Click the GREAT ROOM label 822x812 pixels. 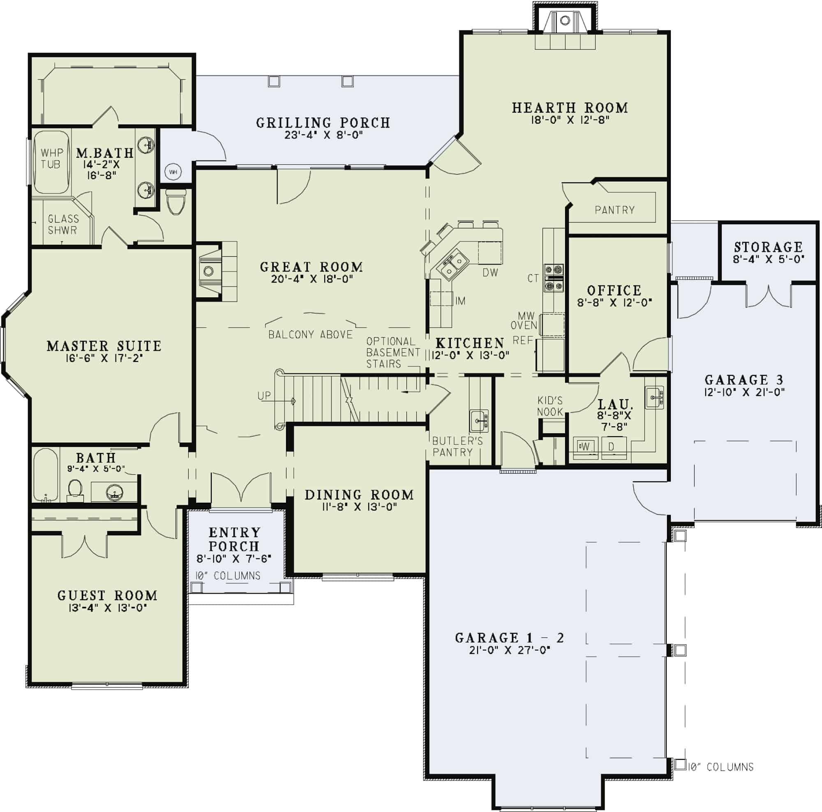pyautogui.click(x=312, y=267)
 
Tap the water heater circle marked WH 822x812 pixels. pyautogui.click(x=173, y=172)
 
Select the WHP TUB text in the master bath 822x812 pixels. pyautogui.click(x=51, y=158)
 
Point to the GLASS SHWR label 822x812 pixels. pyautogui.click(x=63, y=225)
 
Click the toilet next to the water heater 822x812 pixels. pyautogui.click(x=176, y=203)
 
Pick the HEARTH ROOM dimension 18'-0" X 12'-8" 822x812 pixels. pyautogui.click(x=570, y=120)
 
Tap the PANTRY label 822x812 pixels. pyautogui.click(x=614, y=209)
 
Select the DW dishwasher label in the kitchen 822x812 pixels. pyautogui.click(x=490, y=272)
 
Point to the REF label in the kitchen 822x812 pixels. pyautogui.click(x=523, y=340)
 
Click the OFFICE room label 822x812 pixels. pyautogui.click(x=614, y=290)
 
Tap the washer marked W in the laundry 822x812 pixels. pyautogui.click(x=585, y=447)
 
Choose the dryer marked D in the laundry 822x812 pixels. pyautogui.click(x=612, y=447)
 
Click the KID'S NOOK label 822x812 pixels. pyautogui.click(x=550, y=406)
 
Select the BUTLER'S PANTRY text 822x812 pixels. pyautogui.click(x=457, y=446)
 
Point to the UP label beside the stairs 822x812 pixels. pyautogui.click(x=264, y=396)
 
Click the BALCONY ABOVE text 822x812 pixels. pyautogui.click(x=311, y=335)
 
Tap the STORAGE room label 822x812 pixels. pyautogui.click(x=769, y=247)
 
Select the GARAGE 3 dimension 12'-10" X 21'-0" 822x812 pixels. pyautogui.click(x=744, y=391)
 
